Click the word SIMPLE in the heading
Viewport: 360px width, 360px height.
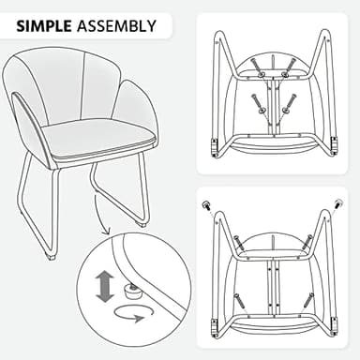point(45,24)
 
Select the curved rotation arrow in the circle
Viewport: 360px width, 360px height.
point(134,318)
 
